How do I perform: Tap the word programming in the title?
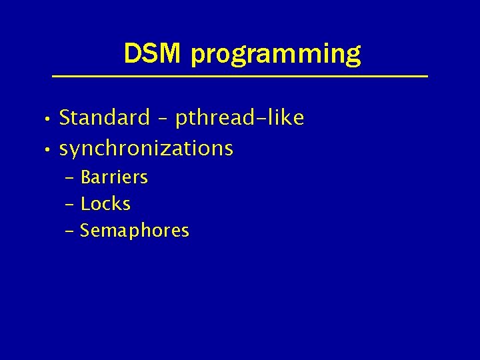[x=276, y=55]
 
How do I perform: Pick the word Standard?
[x=105, y=118]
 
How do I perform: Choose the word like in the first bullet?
[x=287, y=118]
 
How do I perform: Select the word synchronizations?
[x=146, y=148]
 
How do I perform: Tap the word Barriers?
[x=114, y=177]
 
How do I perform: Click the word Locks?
[x=105, y=203]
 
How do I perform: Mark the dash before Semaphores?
[x=71, y=231]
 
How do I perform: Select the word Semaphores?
[x=135, y=231]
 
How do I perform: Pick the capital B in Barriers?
[x=86, y=177]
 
